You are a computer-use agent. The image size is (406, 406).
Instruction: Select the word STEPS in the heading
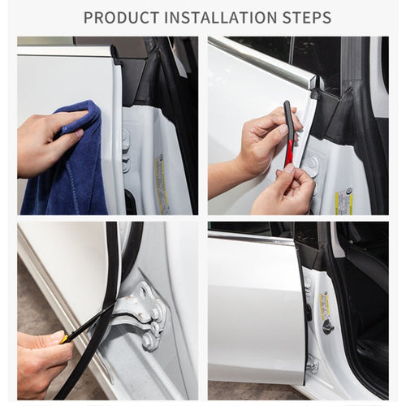[x=304, y=17]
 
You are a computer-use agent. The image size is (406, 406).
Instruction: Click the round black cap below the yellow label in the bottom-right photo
[x=327, y=326]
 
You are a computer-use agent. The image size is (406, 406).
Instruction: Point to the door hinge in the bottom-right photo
[x=312, y=365]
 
